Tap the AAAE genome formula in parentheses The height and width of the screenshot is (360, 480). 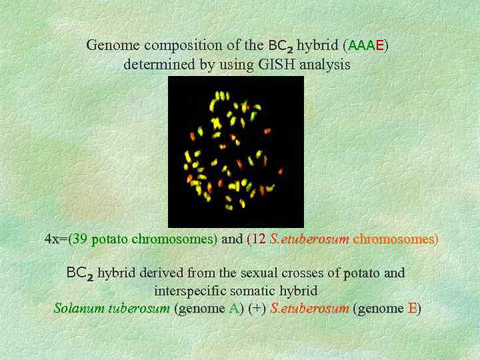(366, 46)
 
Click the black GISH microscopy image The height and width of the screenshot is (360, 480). (235, 151)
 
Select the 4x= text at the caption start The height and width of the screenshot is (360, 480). (55, 239)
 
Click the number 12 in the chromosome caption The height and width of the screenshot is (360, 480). (259, 239)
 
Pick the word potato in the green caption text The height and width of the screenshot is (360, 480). (110, 239)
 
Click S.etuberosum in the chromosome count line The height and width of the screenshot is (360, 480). (309, 239)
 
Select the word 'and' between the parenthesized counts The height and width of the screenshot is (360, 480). (231, 239)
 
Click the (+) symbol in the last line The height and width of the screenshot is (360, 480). (257, 309)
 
